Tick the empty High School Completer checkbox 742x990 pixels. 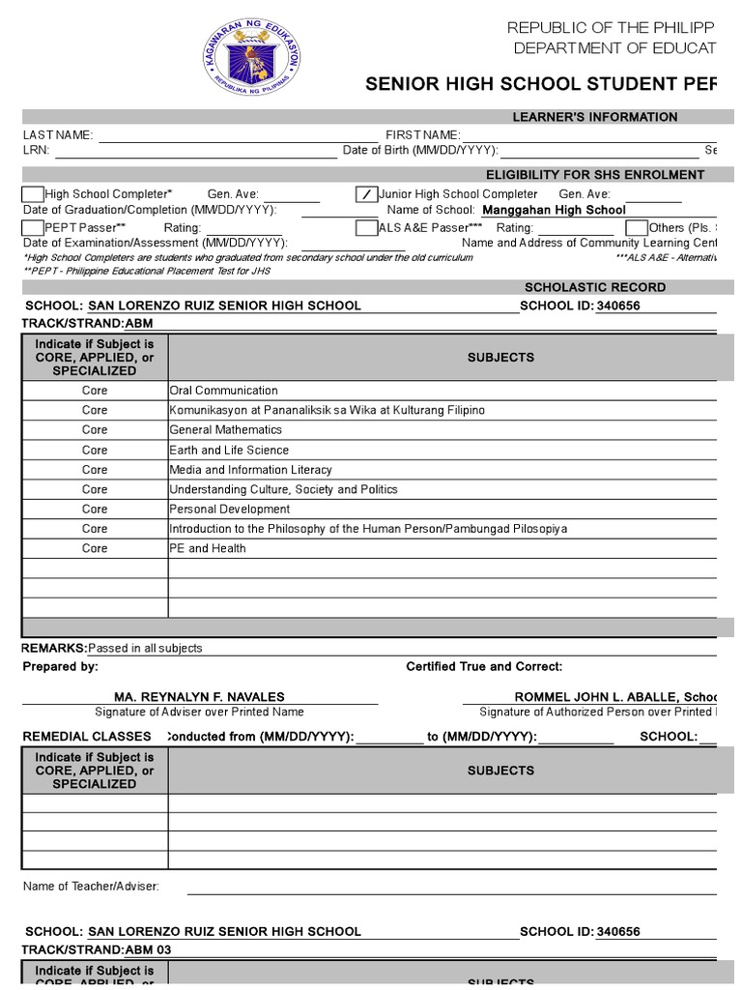click(x=33, y=194)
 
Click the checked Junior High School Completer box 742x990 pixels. click(x=366, y=194)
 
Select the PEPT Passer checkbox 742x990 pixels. click(x=33, y=227)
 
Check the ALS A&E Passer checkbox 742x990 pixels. click(x=366, y=227)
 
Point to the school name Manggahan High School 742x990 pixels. click(x=554, y=210)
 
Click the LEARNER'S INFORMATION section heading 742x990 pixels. click(x=594, y=117)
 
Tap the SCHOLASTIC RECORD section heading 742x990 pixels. click(x=594, y=287)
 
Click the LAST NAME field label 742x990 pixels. click(x=58, y=135)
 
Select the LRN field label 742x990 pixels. click(x=35, y=151)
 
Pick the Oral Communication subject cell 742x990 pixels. click(x=223, y=391)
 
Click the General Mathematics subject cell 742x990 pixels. click(x=225, y=429)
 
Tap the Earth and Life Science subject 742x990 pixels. click(x=229, y=450)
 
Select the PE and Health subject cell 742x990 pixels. click(x=208, y=548)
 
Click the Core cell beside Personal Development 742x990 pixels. click(x=95, y=509)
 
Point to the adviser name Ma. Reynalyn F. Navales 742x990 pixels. click(x=199, y=697)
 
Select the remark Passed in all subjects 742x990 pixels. click(x=145, y=648)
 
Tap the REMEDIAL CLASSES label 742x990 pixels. click(x=88, y=737)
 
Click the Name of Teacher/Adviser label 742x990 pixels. click(x=91, y=887)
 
